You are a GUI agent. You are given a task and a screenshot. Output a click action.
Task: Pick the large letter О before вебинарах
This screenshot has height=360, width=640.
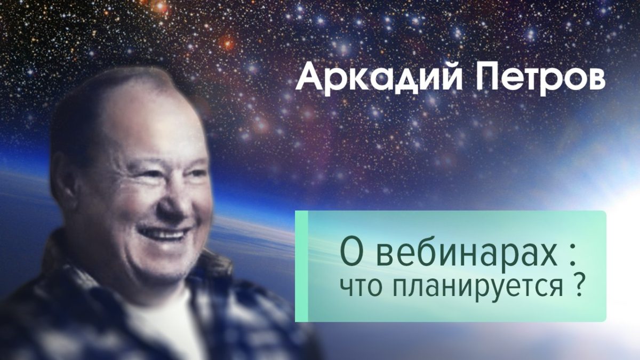pyautogui.click(x=351, y=253)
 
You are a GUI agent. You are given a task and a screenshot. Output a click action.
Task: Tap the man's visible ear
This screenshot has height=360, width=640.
pyautogui.click(x=61, y=180)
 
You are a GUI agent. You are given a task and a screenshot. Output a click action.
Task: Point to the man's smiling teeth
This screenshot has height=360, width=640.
pyautogui.click(x=165, y=234)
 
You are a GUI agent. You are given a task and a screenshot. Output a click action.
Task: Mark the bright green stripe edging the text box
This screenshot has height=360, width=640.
pyautogui.click(x=301, y=266)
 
